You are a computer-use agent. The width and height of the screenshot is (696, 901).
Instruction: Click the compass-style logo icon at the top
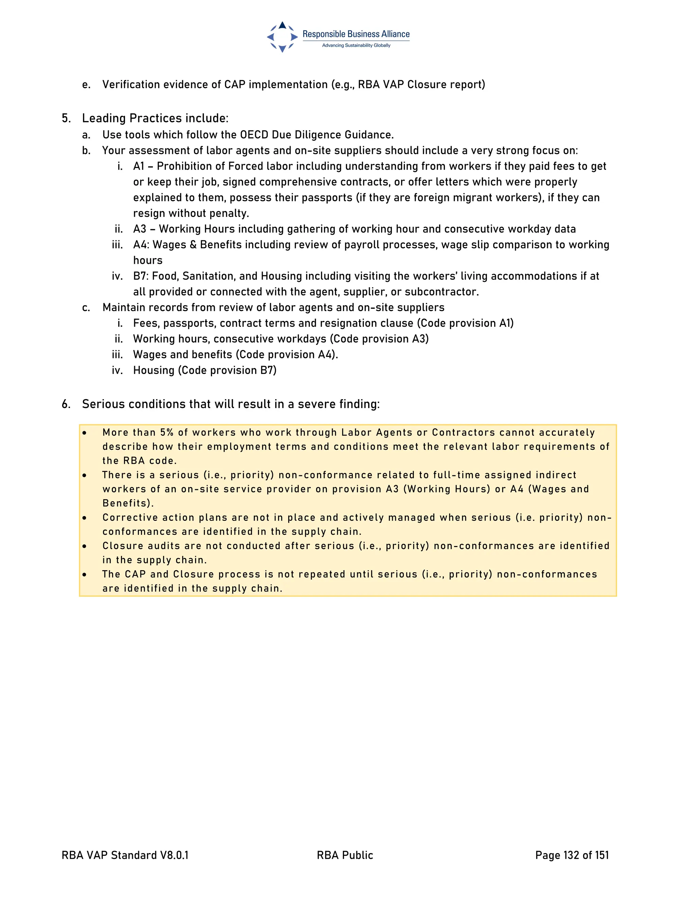click(x=282, y=37)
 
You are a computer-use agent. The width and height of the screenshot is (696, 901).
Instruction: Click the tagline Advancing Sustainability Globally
click(x=356, y=45)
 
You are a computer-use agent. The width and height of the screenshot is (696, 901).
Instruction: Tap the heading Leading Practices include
click(x=155, y=118)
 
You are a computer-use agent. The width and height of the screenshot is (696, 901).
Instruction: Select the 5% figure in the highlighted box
click(x=167, y=432)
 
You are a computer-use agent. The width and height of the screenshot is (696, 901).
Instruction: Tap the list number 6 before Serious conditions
click(x=66, y=404)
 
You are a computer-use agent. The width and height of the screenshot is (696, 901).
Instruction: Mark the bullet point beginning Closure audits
click(x=85, y=546)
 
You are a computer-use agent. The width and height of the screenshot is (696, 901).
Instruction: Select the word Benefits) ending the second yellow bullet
click(x=128, y=503)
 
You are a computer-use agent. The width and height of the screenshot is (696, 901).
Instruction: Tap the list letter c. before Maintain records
click(x=86, y=307)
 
